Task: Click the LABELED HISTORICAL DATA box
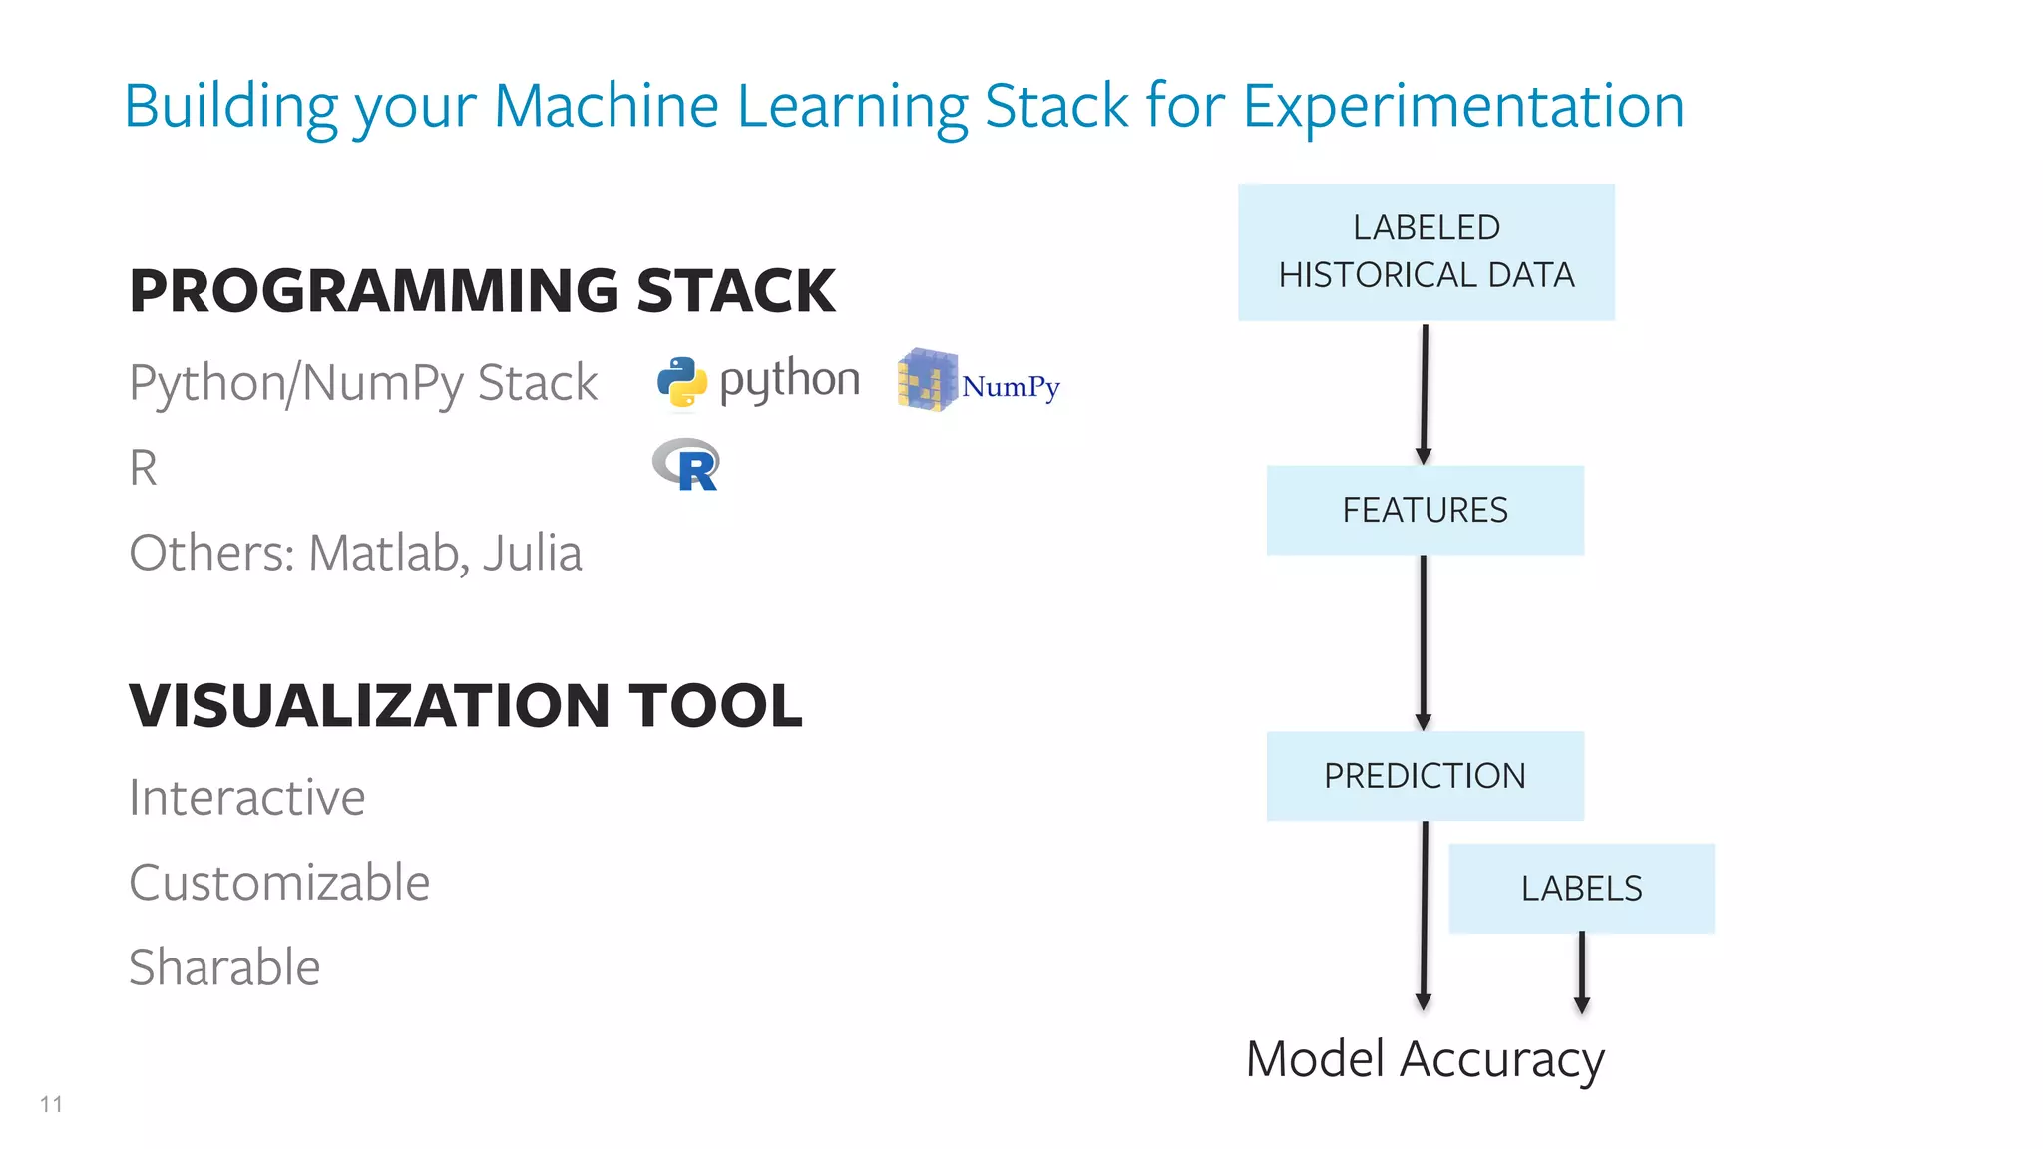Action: tap(1426, 251)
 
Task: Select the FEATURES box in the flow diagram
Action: tap(1425, 510)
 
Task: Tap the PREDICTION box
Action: tap(1425, 776)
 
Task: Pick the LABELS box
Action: tap(1581, 888)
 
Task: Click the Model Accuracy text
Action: tap(1425, 1059)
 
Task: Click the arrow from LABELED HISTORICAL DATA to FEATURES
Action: tap(1425, 393)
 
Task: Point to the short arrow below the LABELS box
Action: tap(1582, 971)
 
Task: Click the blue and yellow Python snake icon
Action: tap(682, 382)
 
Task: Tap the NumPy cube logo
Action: tap(927, 380)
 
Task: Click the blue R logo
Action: tap(687, 466)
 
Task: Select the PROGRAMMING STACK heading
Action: tap(482, 291)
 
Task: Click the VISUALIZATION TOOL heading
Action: tap(465, 706)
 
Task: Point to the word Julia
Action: tap(533, 553)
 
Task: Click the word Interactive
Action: tap(247, 798)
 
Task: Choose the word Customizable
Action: tap(279, 883)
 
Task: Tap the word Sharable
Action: tap(224, 967)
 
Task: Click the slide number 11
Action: tap(52, 1104)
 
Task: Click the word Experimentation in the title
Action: tap(1463, 106)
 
